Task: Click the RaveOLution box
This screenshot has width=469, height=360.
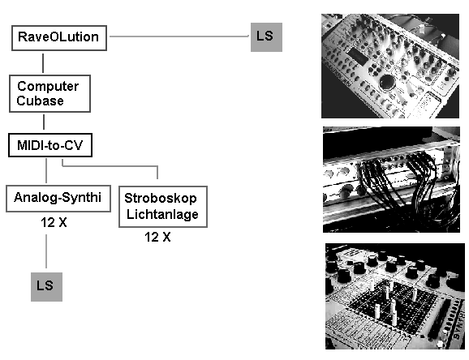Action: pyautogui.click(x=59, y=38)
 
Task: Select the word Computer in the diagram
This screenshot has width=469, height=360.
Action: pyautogui.click(x=48, y=87)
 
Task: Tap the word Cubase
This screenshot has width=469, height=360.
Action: pyautogui.click(x=40, y=101)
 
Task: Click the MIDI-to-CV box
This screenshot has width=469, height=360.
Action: pyautogui.click(x=50, y=145)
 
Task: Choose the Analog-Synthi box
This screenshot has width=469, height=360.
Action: pyautogui.click(x=58, y=199)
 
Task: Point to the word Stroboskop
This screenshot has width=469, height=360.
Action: pyautogui.click(x=161, y=199)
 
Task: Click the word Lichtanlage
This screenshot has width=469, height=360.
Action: pyautogui.click(x=162, y=214)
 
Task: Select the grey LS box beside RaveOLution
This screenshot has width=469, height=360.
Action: pyautogui.click(x=266, y=37)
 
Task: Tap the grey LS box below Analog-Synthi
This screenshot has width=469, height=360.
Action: pyautogui.click(x=47, y=287)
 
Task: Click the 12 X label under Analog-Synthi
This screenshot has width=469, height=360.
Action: pyautogui.click(x=54, y=222)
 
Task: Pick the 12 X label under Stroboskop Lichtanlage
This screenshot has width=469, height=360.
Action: pyautogui.click(x=157, y=237)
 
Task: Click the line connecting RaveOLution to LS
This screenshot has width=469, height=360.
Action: pyautogui.click(x=179, y=36)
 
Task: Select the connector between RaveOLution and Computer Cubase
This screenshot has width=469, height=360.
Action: pyautogui.click(x=43, y=63)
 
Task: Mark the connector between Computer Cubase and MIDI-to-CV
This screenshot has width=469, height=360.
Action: pyautogui.click(x=44, y=122)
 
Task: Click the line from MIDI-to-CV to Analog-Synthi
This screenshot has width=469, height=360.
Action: pyautogui.click(x=46, y=171)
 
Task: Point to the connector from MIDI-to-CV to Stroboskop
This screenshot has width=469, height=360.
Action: pyautogui.click(x=110, y=165)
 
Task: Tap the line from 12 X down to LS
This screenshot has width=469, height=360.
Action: pyautogui.click(x=46, y=251)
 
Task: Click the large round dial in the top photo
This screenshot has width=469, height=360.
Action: pyautogui.click(x=388, y=83)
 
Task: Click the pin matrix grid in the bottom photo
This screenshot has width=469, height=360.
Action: pyautogui.click(x=392, y=302)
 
